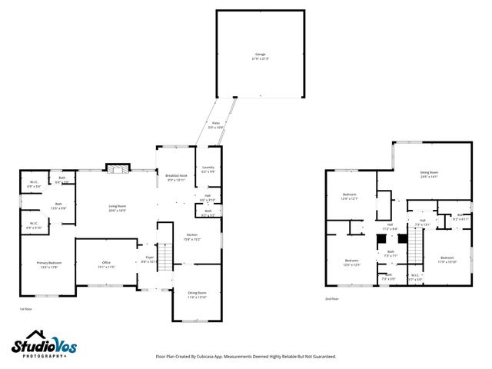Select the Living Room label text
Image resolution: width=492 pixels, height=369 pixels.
pyautogui.click(x=117, y=208)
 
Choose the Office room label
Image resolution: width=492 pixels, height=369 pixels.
pyautogui.click(x=106, y=265)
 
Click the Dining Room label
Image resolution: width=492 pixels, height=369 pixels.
pyautogui.click(x=198, y=293)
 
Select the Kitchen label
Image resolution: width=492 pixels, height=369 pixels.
pyautogui.click(x=191, y=237)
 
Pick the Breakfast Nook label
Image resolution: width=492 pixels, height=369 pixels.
pyautogui.click(x=178, y=178)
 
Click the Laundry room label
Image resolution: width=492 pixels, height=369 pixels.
pyautogui.click(x=208, y=169)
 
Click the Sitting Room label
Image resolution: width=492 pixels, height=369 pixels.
pyautogui.click(x=429, y=174)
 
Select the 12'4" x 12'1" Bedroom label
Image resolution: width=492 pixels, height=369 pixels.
pyautogui.click(x=349, y=196)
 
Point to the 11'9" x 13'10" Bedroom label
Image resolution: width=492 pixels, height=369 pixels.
pyautogui.click(x=447, y=259)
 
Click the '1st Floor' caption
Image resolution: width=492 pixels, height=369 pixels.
pyautogui.click(x=26, y=308)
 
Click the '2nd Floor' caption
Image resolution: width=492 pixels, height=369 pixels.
pyautogui.click(x=332, y=300)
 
